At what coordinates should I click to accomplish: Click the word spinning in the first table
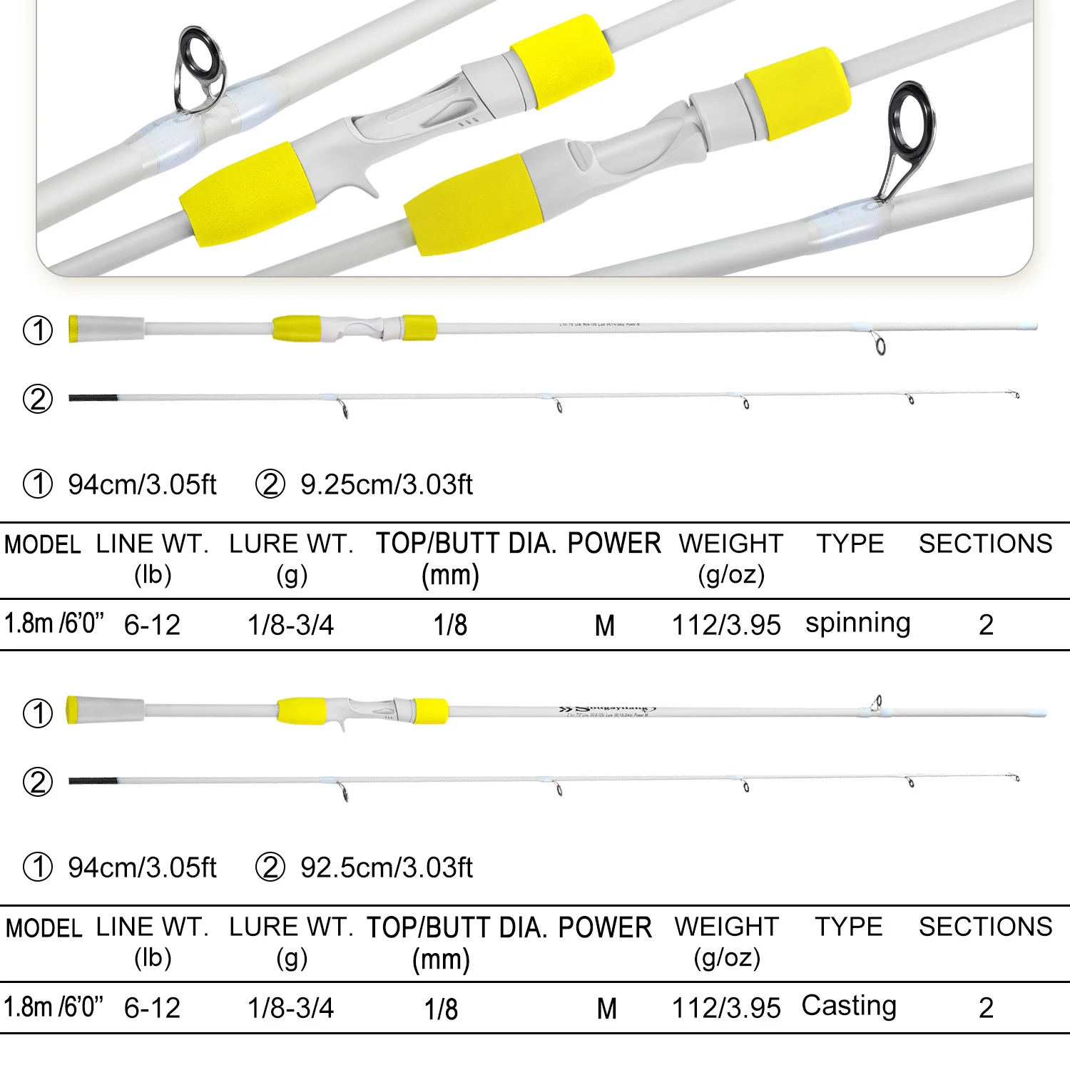click(x=857, y=623)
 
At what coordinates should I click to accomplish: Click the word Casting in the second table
click(x=849, y=1006)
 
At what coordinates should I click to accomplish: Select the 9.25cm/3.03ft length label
click(x=386, y=484)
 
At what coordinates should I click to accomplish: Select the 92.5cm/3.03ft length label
click(x=386, y=867)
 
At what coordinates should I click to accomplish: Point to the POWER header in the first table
click(x=614, y=544)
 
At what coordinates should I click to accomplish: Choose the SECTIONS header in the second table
click(x=985, y=927)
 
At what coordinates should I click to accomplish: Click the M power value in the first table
click(x=605, y=626)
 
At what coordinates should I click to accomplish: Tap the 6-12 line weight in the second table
click(x=152, y=1008)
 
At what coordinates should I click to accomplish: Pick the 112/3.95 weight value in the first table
click(x=726, y=625)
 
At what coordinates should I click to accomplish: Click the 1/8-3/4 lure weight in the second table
click(x=290, y=1008)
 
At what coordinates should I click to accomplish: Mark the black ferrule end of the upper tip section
click(x=93, y=397)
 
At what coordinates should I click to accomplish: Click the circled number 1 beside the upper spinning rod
click(x=38, y=330)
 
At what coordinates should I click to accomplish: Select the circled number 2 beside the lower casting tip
click(x=38, y=782)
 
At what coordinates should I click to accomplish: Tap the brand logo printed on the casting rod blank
click(x=606, y=709)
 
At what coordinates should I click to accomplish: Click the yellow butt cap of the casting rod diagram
click(x=71, y=710)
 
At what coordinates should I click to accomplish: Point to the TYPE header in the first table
click(x=850, y=544)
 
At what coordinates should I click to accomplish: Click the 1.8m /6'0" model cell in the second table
click(x=53, y=1007)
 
